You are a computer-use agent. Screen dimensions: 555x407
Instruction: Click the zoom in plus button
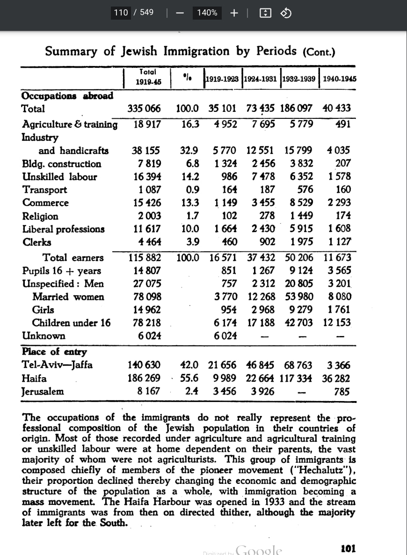click(234, 13)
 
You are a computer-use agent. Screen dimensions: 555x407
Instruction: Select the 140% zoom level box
click(207, 13)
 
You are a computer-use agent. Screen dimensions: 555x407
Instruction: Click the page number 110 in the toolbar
click(121, 13)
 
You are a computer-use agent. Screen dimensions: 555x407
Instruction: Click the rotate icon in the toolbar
click(285, 13)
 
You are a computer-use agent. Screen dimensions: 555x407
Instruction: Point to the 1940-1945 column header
click(339, 79)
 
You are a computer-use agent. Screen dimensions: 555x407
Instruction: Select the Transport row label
click(44, 190)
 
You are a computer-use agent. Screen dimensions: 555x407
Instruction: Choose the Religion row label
click(40, 216)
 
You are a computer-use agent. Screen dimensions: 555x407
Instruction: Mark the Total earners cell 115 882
click(145, 257)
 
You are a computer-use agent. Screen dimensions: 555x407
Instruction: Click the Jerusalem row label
click(43, 392)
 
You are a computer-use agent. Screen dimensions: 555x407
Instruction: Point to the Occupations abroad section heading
click(67, 96)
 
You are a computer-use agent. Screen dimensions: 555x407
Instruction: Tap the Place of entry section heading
click(54, 352)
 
